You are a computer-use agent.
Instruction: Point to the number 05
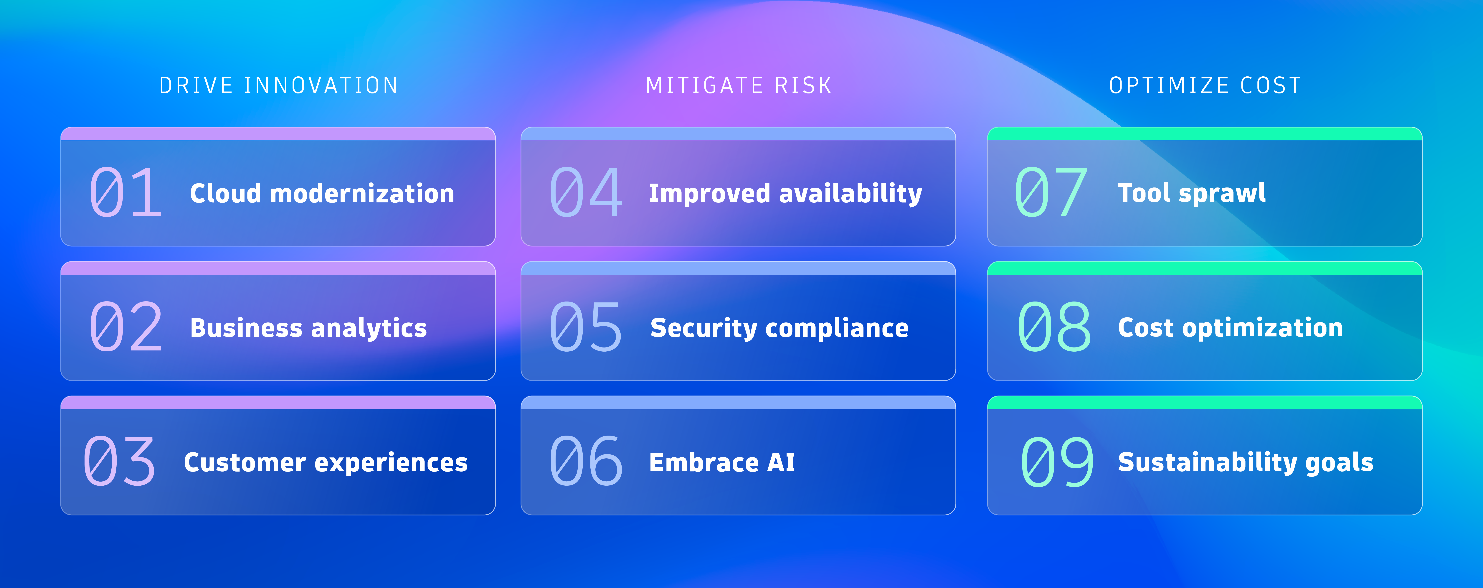tap(585, 327)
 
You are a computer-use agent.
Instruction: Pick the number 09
tap(1056, 462)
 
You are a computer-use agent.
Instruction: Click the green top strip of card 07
tap(1204, 134)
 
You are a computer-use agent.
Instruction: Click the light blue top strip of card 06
tap(738, 403)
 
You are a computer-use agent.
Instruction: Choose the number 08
tap(1053, 327)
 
